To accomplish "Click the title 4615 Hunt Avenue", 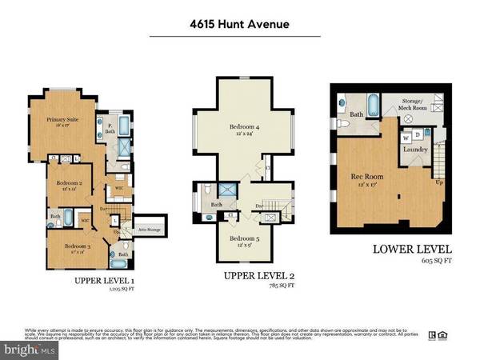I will pos(239,24).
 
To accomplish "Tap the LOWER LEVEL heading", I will pos(411,249).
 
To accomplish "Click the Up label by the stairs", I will pos(439,182).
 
